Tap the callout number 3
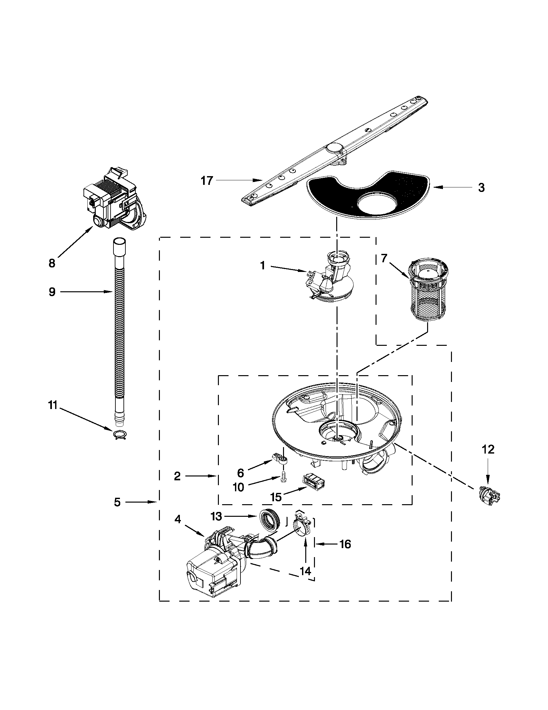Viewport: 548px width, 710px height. pos(481,187)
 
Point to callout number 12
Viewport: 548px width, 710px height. pos(489,450)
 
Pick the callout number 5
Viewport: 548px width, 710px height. pos(117,502)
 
